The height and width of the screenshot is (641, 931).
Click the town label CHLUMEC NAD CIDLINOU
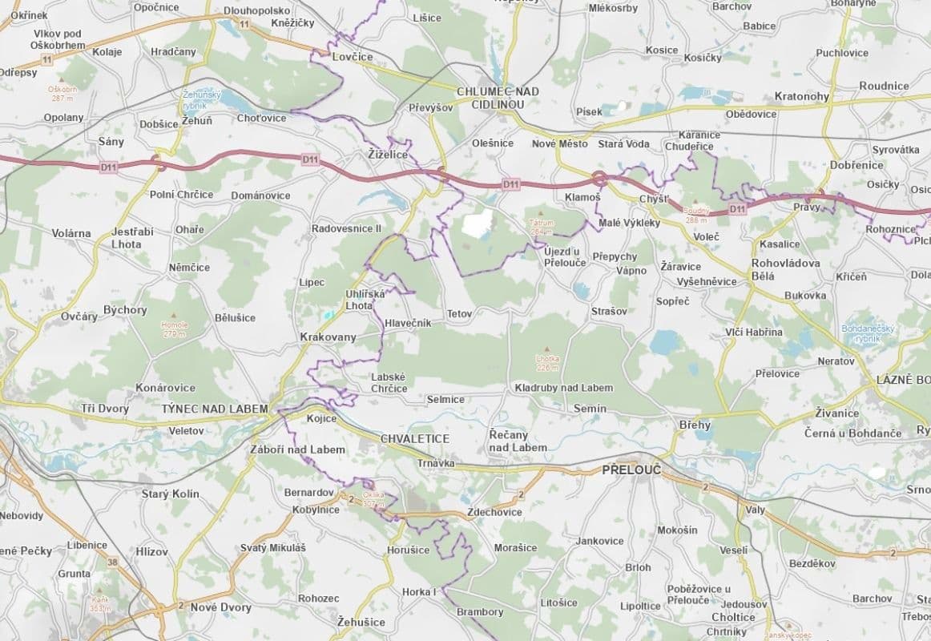click(497, 98)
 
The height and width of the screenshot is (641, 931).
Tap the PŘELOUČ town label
click(631, 470)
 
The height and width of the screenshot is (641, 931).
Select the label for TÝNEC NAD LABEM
click(215, 409)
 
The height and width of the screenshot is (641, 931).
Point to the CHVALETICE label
click(415, 439)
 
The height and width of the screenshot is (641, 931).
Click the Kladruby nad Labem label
click(563, 388)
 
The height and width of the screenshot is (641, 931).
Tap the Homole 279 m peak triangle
click(174, 316)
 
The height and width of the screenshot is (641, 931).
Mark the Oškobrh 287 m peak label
click(62, 93)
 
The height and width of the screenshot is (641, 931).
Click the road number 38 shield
click(112, 562)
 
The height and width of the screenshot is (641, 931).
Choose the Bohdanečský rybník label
click(868, 333)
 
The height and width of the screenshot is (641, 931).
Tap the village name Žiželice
click(388, 154)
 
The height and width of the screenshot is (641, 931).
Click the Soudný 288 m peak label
click(697, 215)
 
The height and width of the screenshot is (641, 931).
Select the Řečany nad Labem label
click(518, 440)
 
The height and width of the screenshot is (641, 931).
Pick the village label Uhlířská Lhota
click(365, 300)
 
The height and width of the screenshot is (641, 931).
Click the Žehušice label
click(361, 622)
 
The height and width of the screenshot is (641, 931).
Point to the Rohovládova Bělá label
click(785, 269)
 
